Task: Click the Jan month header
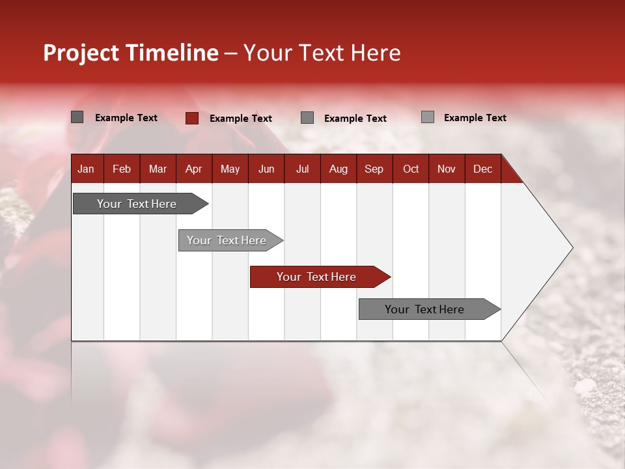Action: (86, 169)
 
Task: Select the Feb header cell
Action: (122, 169)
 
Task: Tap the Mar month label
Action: (158, 169)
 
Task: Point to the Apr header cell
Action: (193, 169)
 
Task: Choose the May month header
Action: (230, 169)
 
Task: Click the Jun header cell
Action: (266, 169)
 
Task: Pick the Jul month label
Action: (302, 169)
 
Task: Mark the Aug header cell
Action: (338, 169)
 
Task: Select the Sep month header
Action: (374, 169)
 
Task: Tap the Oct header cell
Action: (411, 169)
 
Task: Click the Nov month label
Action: (447, 169)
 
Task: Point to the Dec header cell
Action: (482, 169)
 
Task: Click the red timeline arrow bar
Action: (319, 277)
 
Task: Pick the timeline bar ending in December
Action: (426, 309)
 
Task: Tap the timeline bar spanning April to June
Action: (228, 240)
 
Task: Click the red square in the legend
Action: (191, 118)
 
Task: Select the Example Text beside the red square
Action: (241, 118)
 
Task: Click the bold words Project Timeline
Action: (130, 53)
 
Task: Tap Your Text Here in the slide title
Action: (322, 53)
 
